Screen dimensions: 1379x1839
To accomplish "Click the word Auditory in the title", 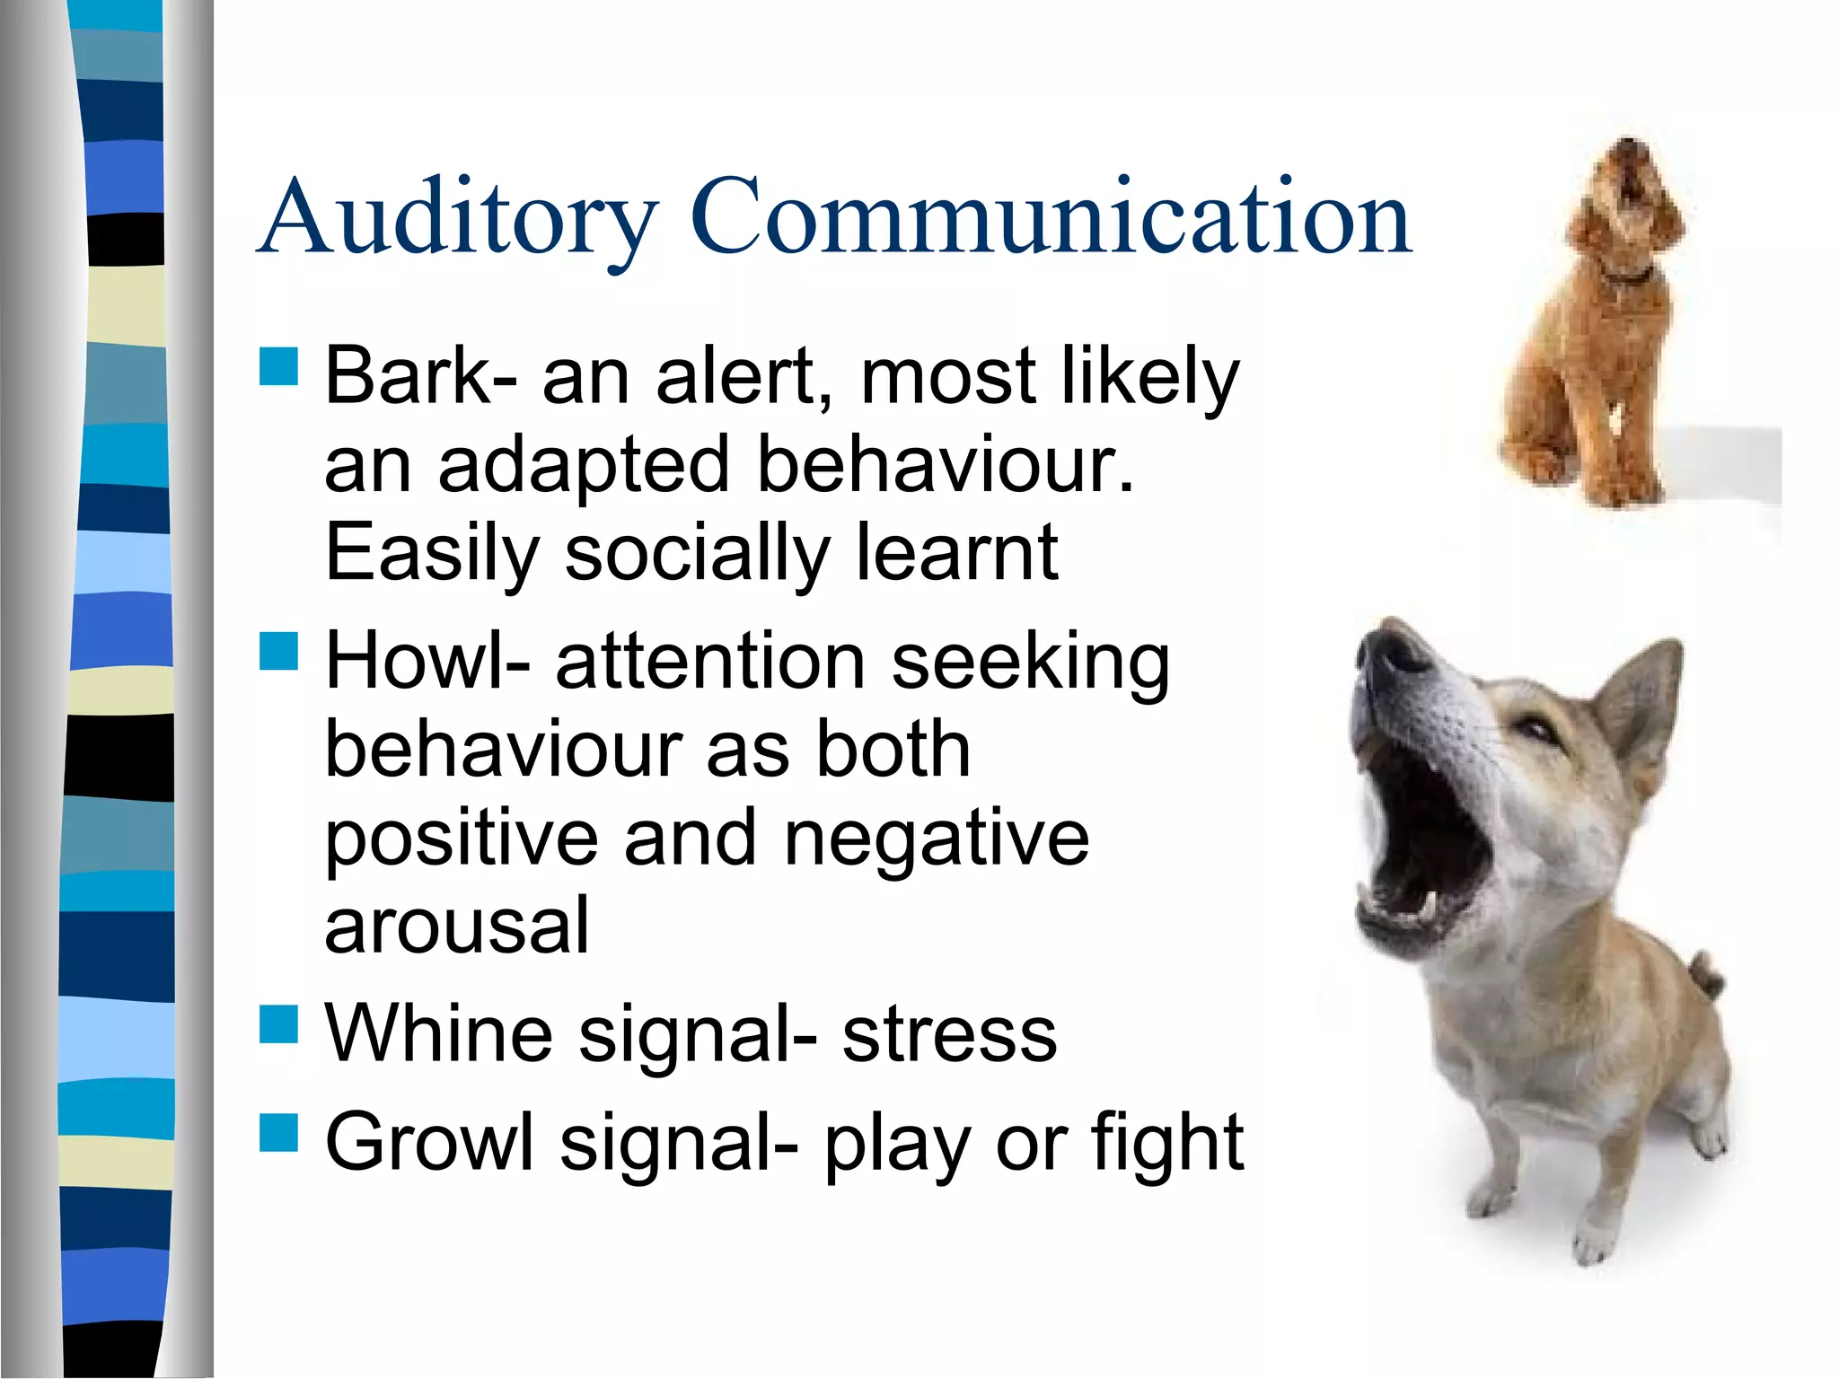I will [458, 218].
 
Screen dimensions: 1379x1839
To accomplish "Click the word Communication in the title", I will [1051, 218].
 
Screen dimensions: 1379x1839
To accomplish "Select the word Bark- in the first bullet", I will [420, 376].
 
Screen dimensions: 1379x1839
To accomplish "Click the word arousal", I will [457, 926].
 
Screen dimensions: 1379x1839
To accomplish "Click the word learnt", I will [957, 552].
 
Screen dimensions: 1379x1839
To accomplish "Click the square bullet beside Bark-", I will [278, 366].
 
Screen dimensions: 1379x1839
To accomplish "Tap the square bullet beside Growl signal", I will [278, 1132].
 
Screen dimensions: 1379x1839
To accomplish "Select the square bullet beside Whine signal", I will [278, 1024].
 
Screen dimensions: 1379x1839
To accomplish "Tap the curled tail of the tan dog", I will [1702, 974].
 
